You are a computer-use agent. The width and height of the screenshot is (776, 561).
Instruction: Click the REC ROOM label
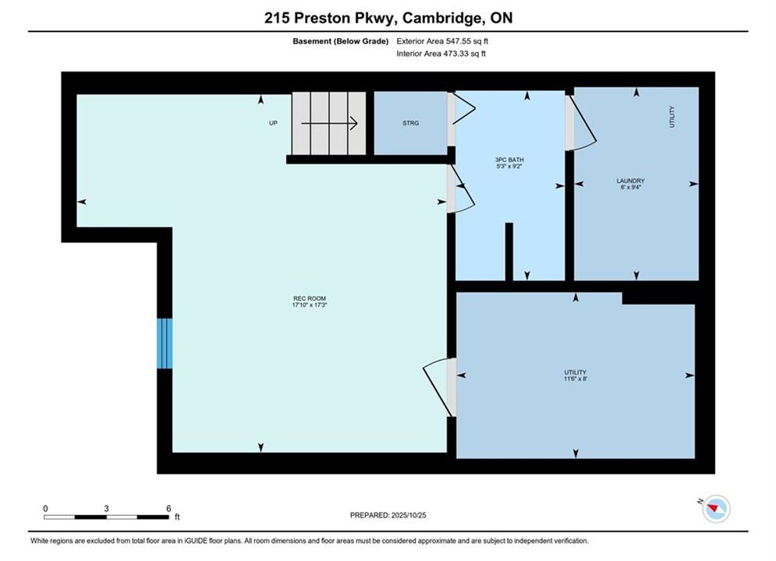(310, 298)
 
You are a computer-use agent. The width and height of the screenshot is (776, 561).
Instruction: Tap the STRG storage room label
(411, 123)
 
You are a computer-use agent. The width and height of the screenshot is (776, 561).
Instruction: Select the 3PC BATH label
(509, 160)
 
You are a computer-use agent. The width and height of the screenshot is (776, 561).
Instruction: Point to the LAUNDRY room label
(630, 181)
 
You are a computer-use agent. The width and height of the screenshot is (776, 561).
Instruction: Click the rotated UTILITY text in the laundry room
(672, 117)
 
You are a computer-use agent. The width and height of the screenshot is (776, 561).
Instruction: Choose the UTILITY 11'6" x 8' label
(575, 375)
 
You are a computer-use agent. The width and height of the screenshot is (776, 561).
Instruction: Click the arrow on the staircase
(329, 123)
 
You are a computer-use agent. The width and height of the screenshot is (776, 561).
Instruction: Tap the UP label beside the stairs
(273, 123)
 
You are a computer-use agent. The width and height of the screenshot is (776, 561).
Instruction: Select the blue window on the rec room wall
(165, 344)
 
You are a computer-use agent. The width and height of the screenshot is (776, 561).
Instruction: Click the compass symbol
(716, 508)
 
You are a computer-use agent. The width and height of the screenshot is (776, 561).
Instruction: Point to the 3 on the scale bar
(106, 509)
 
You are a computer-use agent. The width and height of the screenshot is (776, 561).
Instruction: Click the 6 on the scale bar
(168, 509)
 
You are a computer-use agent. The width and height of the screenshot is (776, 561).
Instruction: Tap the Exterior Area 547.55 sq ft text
(442, 41)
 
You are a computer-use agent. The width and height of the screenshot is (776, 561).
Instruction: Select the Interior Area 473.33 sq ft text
(441, 54)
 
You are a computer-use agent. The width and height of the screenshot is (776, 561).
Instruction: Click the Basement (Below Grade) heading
(341, 41)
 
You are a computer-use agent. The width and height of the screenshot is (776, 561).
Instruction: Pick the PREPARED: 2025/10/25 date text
(388, 515)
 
